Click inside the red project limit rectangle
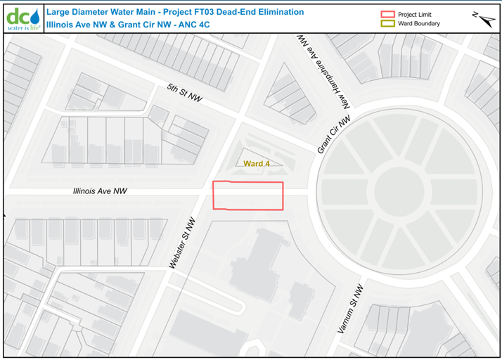click(248, 196)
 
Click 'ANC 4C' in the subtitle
click(194, 24)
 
